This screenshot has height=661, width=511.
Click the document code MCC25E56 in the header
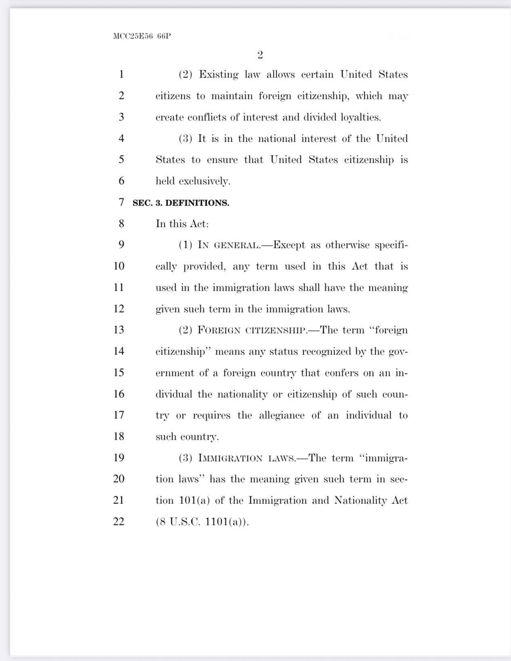[133, 36]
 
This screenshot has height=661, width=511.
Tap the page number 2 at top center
[260, 55]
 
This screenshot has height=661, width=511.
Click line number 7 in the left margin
[121, 202]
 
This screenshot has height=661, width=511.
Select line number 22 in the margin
[118, 521]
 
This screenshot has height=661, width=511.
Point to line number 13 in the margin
[118, 329]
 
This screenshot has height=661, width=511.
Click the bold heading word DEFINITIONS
[197, 203]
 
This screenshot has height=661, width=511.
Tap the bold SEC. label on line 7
[142, 203]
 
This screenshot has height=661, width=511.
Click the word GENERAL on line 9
[236, 246]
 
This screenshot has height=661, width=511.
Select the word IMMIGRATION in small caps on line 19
[230, 458]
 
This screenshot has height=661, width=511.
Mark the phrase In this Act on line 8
[182, 224]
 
